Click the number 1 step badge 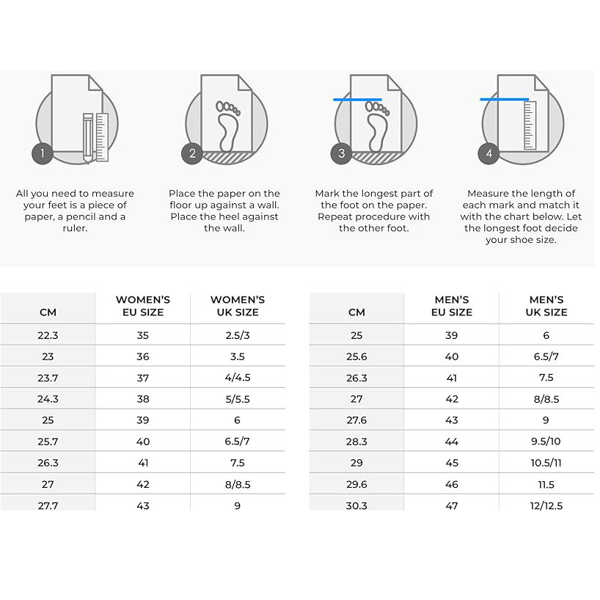point(43,153)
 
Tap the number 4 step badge point(489,153)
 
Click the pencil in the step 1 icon point(88,138)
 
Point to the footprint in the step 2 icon point(227,126)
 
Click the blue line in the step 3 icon point(357,100)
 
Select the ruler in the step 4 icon point(530,125)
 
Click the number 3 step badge point(341,153)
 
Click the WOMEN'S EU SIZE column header point(143,306)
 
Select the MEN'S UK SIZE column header point(546,306)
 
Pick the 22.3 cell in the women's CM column point(48,335)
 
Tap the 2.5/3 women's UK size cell point(237,335)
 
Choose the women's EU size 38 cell point(143,399)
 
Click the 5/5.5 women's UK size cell point(237,399)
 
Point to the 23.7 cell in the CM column point(48,378)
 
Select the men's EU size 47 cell point(452,505)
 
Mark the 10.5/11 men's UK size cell point(546,463)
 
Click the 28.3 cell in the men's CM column point(356,442)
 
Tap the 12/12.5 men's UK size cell point(546,505)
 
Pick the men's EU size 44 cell point(452,442)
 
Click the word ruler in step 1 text point(75,228)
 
